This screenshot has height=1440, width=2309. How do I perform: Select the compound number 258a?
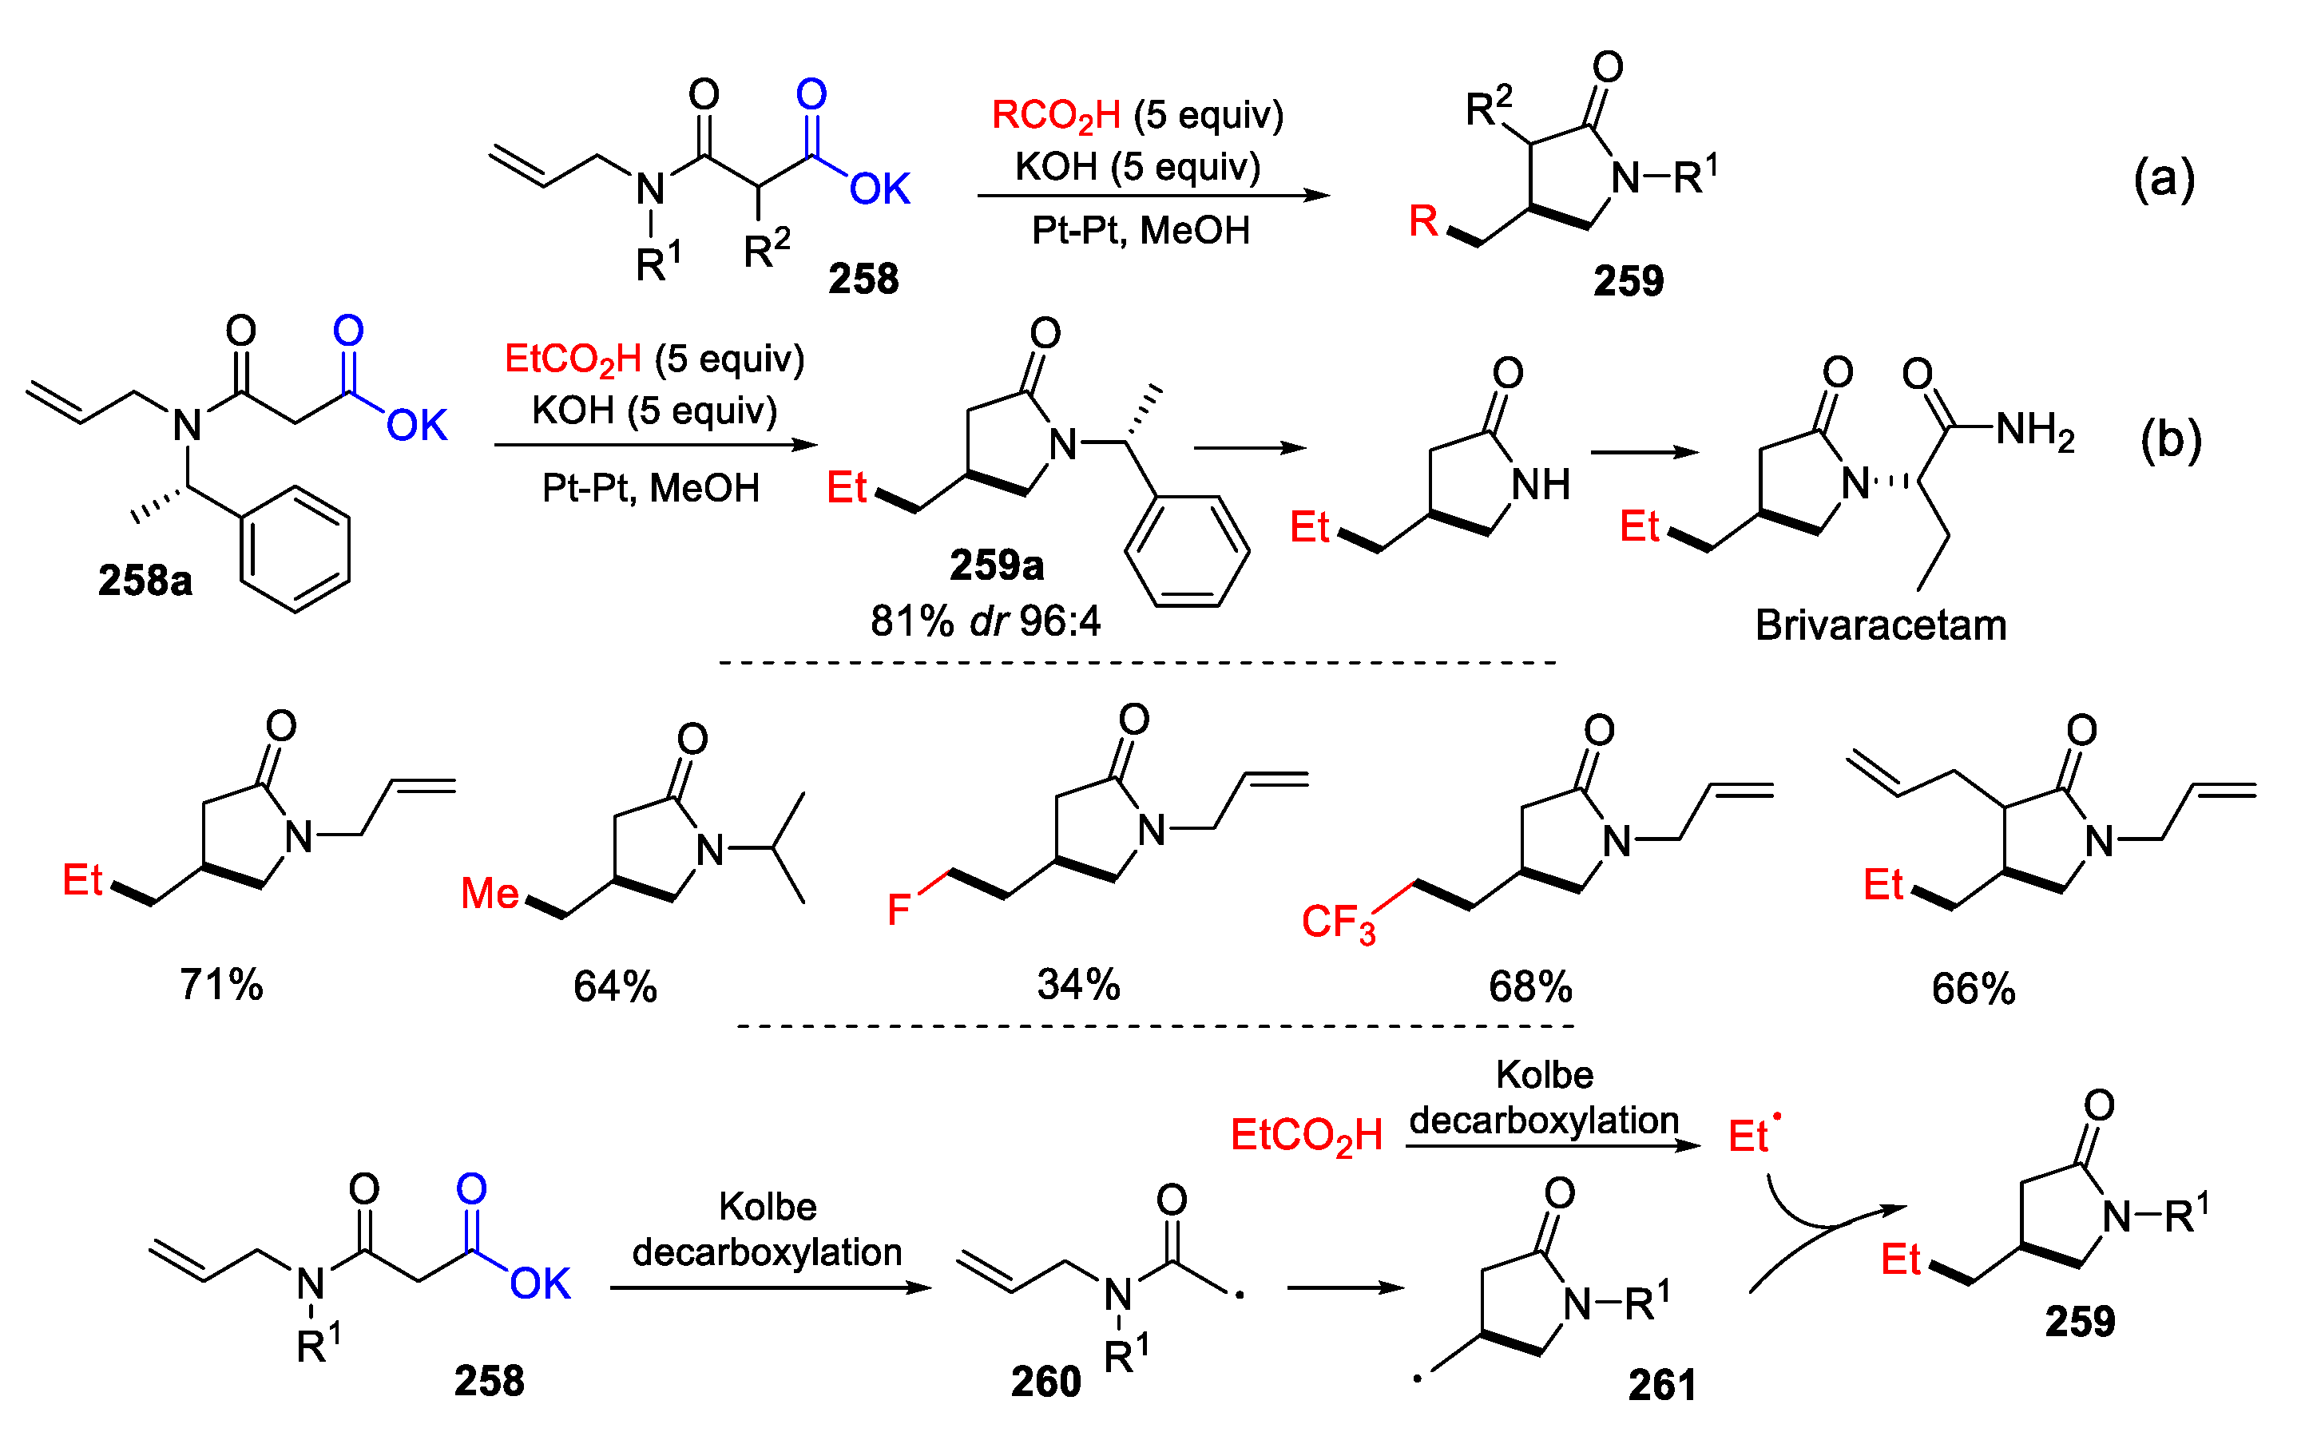[145, 580]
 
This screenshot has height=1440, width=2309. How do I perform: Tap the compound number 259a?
[996, 565]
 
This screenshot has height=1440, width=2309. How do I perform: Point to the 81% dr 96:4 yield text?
[985, 621]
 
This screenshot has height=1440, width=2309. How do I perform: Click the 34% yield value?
[1078, 984]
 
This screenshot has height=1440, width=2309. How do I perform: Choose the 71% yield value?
[221, 984]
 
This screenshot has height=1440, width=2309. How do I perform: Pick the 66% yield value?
[1973, 989]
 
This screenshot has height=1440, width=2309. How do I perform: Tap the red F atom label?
[898, 910]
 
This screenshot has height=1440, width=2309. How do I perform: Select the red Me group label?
[490, 894]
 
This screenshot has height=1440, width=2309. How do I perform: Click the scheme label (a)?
[2164, 178]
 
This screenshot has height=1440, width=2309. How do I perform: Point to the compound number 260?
[1045, 1381]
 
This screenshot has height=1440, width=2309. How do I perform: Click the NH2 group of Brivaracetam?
[2035, 430]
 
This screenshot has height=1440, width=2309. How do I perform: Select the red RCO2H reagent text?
[1056, 116]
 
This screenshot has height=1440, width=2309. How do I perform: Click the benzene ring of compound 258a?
[296, 549]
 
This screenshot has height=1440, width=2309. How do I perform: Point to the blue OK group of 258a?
[416, 426]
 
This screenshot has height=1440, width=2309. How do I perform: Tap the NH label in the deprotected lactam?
[1541, 485]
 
